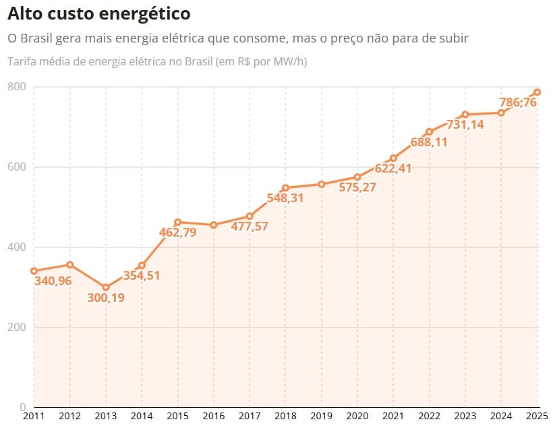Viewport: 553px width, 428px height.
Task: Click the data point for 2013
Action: tap(105, 287)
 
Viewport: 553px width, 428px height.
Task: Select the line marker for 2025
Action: tap(537, 92)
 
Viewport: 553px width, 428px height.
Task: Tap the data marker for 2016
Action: tap(213, 224)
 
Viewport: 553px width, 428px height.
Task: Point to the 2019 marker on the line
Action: tap(321, 184)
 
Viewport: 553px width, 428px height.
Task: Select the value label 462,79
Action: tap(177, 233)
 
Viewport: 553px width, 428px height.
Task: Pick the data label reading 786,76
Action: tap(517, 102)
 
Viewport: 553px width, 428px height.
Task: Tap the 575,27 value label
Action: tap(357, 187)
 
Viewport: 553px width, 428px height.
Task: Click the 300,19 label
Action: tap(106, 297)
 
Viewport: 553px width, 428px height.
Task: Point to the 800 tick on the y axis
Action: tap(17, 86)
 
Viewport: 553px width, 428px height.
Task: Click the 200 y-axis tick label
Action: tap(17, 328)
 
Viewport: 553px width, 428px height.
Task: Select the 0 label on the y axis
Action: tap(22, 407)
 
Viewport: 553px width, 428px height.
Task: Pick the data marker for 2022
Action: tap(429, 131)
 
